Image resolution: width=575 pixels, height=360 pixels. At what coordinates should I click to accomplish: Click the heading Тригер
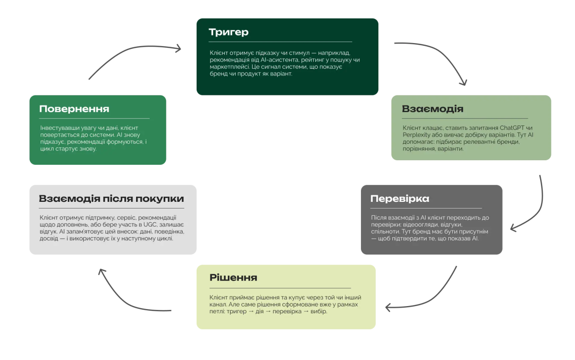click(228, 32)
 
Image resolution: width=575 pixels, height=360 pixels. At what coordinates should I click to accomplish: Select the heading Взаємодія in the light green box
click(432, 109)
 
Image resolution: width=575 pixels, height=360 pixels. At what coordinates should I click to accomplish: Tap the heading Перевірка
click(399, 199)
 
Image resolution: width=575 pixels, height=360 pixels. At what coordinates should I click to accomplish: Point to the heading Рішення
click(233, 278)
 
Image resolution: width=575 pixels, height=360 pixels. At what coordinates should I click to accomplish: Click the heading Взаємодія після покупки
click(111, 199)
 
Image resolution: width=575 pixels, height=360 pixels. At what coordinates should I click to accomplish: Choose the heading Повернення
click(74, 109)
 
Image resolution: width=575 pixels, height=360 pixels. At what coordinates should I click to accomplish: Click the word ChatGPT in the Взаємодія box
click(513, 127)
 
